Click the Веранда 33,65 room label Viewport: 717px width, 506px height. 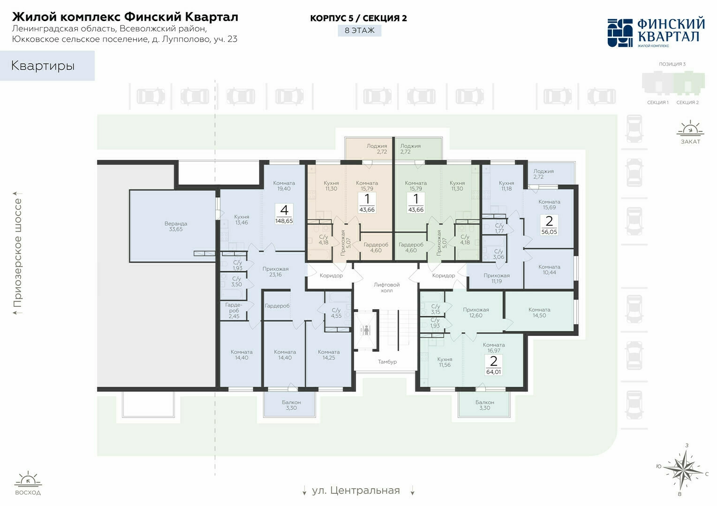click(176, 226)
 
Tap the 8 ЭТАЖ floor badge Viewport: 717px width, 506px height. click(360, 30)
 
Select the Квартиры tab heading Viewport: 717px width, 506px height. click(43, 66)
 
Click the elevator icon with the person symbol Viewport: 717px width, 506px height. click(366, 330)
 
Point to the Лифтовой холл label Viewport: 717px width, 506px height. click(387, 287)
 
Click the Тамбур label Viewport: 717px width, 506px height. click(387, 361)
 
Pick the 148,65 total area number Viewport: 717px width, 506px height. click(284, 221)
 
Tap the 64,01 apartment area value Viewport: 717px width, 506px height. click(493, 372)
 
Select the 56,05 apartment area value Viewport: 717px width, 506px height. click(549, 231)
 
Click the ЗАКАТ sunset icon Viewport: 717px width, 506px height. click(690, 133)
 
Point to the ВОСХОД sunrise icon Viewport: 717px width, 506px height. click(28, 484)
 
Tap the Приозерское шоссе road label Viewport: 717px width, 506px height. click(17, 253)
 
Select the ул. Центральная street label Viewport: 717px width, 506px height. click(356, 491)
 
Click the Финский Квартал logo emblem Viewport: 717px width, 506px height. click(620, 33)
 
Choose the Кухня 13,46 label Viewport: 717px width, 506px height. click(242, 220)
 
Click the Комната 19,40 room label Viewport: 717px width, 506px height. click(284, 186)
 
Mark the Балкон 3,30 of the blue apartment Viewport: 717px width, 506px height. click(291, 405)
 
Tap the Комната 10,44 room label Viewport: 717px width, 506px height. click(549, 269)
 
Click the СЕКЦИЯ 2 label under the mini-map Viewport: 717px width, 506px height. click(687, 102)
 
